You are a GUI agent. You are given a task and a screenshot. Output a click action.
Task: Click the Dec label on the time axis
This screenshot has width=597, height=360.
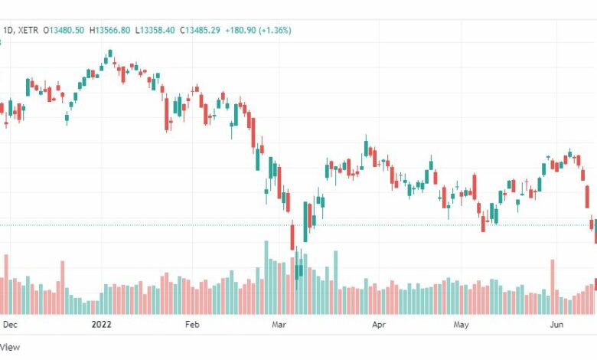click(10, 325)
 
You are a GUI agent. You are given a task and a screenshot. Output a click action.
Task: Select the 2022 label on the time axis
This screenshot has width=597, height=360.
click(101, 325)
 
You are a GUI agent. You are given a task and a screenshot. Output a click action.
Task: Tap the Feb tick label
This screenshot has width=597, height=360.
click(192, 325)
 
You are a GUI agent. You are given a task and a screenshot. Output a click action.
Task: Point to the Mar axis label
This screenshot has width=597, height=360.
click(279, 325)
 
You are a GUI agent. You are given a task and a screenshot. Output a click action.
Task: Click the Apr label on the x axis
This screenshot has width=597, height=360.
click(379, 325)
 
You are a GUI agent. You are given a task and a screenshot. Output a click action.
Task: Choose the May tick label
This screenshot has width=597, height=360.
click(461, 325)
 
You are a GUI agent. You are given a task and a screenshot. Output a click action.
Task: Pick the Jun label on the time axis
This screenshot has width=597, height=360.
click(556, 325)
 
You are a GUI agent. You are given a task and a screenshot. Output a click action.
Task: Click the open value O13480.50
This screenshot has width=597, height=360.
click(64, 30)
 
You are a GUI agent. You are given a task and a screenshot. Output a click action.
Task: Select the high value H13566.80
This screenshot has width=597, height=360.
click(109, 30)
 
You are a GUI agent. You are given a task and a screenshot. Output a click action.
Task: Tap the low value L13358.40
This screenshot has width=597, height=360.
click(155, 30)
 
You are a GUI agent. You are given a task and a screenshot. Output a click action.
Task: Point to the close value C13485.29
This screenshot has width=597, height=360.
click(200, 30)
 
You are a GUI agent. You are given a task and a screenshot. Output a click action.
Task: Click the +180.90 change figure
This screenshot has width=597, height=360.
click(240, 30)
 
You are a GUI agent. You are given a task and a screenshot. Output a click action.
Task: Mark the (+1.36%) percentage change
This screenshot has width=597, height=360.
click(276, 30)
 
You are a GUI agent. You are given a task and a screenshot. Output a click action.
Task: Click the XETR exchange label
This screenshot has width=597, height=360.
click(28, 30)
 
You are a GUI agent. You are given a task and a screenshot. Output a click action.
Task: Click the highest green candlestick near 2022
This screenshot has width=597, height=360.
click(110, 53)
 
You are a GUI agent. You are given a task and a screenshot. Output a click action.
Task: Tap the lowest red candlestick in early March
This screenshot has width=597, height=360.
click(292, 237)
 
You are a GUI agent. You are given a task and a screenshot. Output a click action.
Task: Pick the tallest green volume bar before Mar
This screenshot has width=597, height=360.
click(266, 277)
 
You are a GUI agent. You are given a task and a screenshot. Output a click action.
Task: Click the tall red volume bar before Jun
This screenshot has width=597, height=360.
click(553, 287)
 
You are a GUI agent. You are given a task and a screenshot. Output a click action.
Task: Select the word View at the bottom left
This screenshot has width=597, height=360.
click(10, 347)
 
